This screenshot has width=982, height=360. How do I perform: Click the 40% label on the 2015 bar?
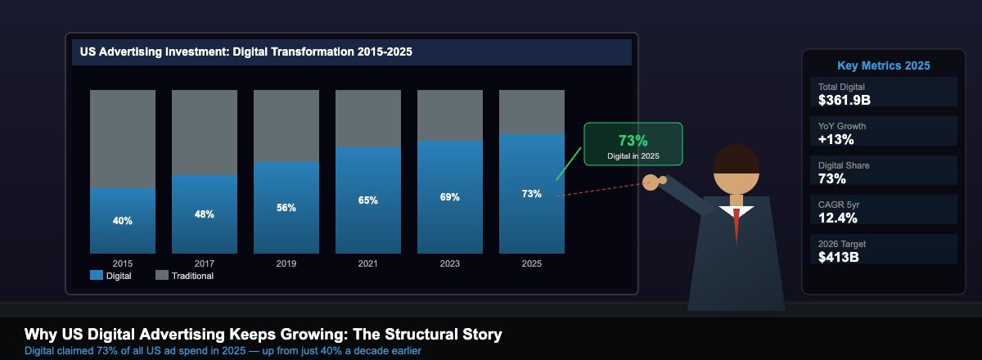coord(123,221)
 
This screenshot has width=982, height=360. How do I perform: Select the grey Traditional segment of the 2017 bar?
coord(205,132)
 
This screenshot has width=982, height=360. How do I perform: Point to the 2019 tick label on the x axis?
coord(286,263)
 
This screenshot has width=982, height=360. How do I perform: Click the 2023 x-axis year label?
coord(450,263)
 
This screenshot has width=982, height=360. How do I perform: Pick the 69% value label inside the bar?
coord(450,197)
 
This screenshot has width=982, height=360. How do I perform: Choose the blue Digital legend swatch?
coord(97,276)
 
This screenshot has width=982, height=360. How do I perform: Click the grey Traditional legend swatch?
coord(162,276)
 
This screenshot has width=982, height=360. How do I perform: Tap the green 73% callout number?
coord(633,140)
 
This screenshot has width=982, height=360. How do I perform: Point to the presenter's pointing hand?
coord(651,182)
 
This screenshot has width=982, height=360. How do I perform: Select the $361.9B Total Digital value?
coord(844,100)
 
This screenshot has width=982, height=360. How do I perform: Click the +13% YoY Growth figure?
coord(836,139)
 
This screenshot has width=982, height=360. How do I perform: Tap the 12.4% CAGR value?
coord(838,218)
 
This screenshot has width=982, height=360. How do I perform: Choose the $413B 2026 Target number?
coord(839,257)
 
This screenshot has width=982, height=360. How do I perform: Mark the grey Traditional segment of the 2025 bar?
coord(532,112)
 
